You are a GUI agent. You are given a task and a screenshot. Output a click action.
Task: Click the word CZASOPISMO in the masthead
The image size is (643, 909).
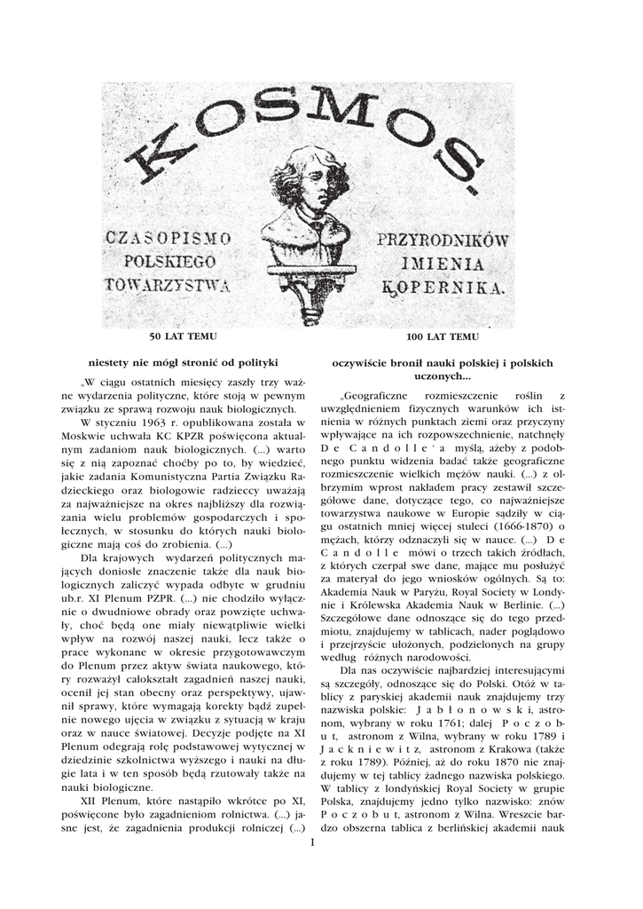169,238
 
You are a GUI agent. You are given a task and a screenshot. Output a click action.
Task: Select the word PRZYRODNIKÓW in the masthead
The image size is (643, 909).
442,240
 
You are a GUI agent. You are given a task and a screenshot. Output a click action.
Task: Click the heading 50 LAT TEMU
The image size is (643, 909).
183,337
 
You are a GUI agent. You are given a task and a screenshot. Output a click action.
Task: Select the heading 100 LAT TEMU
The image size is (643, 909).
443,337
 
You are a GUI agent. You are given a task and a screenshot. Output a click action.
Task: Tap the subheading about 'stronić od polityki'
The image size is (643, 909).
184,362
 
